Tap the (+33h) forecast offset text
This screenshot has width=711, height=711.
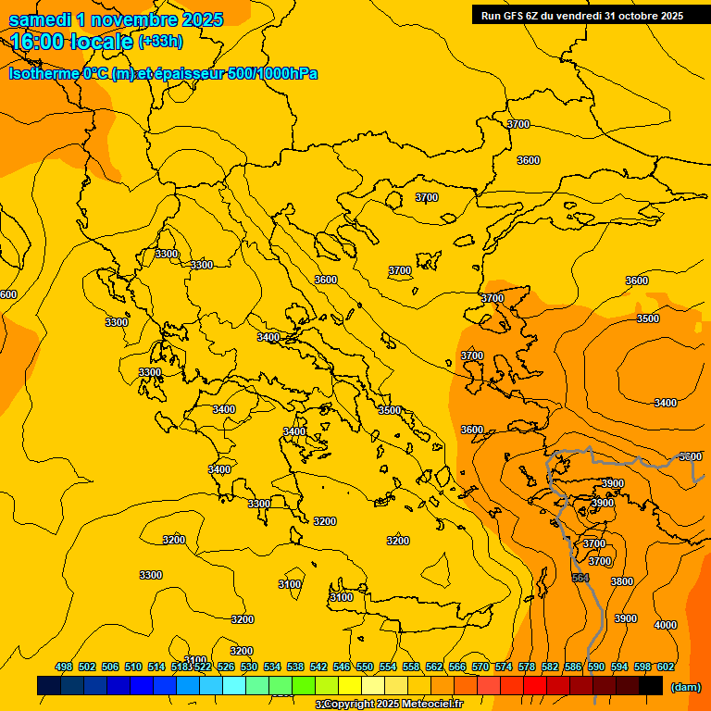click(161, 41)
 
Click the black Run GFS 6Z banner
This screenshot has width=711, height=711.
click(582, 15)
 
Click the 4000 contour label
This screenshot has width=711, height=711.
click(665, 625)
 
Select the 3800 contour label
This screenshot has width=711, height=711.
click(622, 581)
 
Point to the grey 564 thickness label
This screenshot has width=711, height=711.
click(580, 578)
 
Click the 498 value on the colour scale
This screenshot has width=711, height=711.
click(64, 667)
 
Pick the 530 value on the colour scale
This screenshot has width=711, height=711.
click(249, 667)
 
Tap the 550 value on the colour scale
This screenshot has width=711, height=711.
click(365, 667)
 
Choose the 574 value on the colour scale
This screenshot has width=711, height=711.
click(504, 667)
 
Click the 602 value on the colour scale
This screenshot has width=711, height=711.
click(666, 667)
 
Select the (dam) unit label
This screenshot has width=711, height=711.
click(686, 686)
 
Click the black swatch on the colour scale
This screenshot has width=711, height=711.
click(651, 685)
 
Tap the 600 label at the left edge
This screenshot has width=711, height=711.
click(8, 294)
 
